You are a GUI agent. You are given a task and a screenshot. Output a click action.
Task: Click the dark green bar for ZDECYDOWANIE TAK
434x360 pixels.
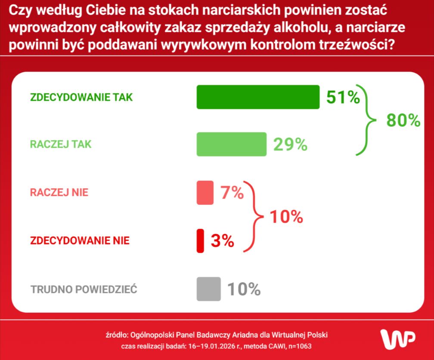click(258, 97)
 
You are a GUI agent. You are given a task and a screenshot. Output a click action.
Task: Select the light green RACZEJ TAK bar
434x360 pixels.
click(231, 144)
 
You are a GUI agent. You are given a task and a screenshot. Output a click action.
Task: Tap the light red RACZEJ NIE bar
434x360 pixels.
click(205, 192)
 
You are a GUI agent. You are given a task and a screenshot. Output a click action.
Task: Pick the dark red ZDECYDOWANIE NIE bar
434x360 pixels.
click(200, 241)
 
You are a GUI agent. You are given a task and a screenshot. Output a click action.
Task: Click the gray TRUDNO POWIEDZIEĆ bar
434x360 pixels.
click(208, 289)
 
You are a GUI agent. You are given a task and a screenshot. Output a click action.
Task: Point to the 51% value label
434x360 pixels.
click(343, 98)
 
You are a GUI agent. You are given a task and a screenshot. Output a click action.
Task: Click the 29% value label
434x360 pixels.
click(290, 145)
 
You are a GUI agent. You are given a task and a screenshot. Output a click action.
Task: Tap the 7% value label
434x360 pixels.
click(232, 193)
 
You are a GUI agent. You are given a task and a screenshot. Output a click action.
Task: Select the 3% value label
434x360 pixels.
click(222, 241)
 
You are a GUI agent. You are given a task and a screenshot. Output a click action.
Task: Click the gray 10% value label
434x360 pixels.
click(244, 289)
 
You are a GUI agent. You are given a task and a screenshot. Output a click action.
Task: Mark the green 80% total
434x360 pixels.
click(403, 121)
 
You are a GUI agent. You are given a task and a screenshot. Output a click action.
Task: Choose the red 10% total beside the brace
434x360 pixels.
click(286, 217)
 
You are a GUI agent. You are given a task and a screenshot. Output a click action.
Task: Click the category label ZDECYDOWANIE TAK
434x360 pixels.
click(81, 98)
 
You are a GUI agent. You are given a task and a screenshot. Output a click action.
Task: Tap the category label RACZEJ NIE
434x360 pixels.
click(59, 192)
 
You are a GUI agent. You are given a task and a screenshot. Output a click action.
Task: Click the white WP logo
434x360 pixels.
click(398, 338)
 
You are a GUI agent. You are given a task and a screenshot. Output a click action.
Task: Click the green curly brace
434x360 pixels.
click(366, 121)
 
